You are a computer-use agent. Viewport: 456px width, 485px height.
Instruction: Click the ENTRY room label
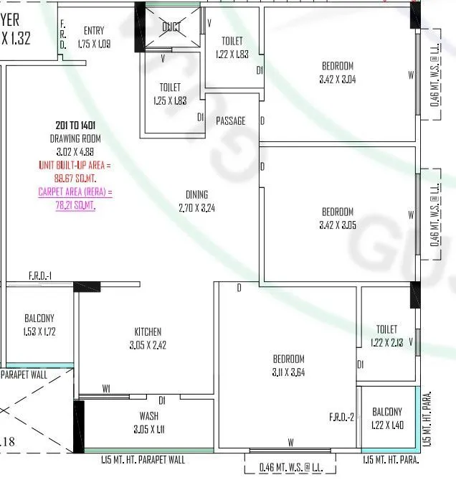pyautogui.click(x=94, y=30)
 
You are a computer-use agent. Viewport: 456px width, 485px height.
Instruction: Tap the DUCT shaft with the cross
pyautogui.click(x=171, y=28)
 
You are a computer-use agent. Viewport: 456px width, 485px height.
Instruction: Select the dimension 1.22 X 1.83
pyautogui.click(x=232, y=53)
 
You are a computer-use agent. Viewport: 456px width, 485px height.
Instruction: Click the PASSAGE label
pyautogui.click(x=231, y=121)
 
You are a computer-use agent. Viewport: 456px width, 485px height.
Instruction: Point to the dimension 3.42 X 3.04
pyautogui.click(x=338, y=79)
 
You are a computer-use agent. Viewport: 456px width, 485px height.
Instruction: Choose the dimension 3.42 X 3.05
pyautogui.click(x=338, y=225)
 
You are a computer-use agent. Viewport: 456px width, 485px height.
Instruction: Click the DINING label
pyautogui.click(x=196, y=194)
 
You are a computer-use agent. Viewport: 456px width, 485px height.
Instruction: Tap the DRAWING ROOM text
pyautogui.click(x=75, y=138)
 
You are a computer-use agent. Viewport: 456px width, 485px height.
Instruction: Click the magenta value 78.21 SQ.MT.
pyautogui.click(x=75, y=204)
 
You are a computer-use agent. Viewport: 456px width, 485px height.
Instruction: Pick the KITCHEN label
pyautogui.click(x=148, y=331)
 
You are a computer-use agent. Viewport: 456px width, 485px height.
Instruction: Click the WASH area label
pyautogui.click(x=149, y=415)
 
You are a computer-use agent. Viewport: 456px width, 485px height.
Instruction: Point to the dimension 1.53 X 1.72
pyautogui.click(x=39, y=331)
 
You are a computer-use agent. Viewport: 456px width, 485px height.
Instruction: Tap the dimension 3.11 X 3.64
pyautogui.click(x=288, y=372)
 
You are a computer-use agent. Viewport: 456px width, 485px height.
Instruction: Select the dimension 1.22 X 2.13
pyautogui.click(x=386, y=342)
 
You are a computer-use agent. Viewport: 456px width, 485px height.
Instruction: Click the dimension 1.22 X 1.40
pyautogui.click(x=387, y=425)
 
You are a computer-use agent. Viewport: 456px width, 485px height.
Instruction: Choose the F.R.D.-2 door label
pyautogui.click(x=342, y=417)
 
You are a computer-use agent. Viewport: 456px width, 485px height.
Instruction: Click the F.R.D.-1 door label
pyautogui.click(x=40, y=276)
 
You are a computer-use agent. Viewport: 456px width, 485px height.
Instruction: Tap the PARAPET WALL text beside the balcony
pyautogui.click(x=24, y=374)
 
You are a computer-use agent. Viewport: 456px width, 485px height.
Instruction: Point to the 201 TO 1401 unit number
pyautogui.click(x=75, y=125)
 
